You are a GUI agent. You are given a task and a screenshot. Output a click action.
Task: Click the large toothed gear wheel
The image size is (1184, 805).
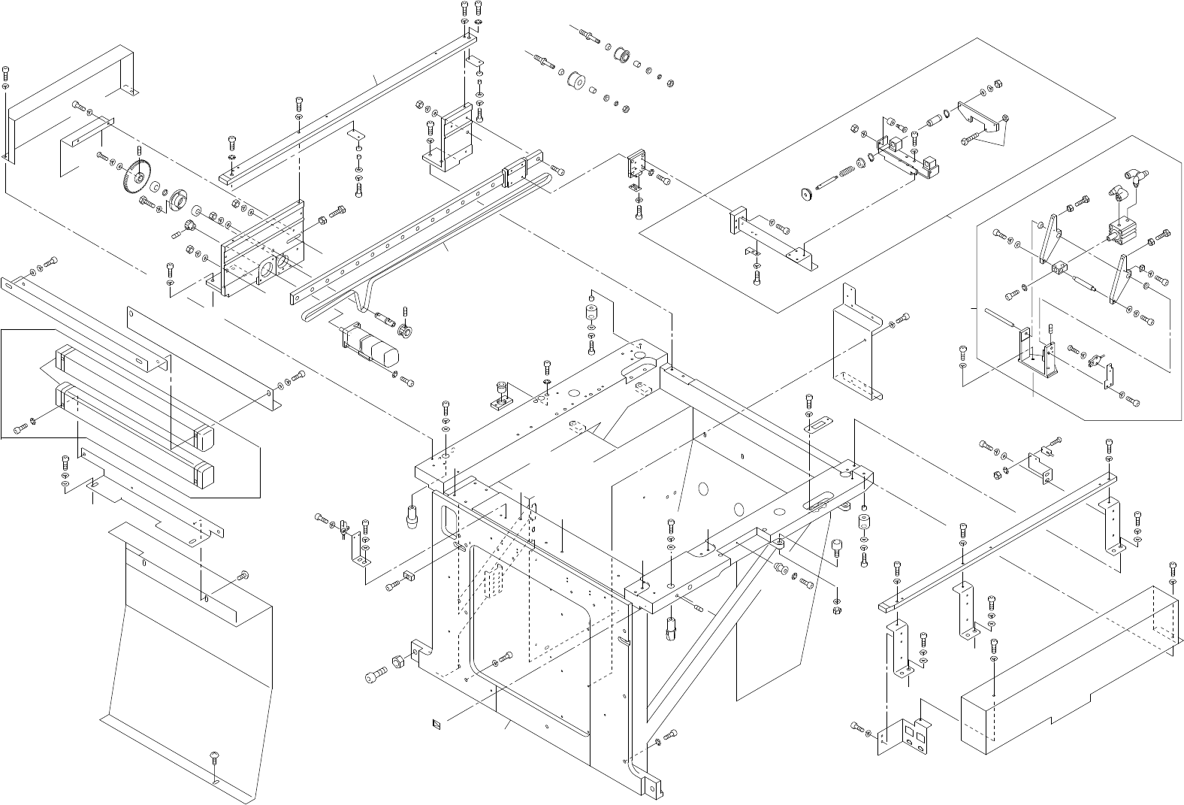tap(133, 176)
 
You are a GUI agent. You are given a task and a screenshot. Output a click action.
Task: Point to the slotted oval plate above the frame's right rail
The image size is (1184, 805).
tap(817, 425)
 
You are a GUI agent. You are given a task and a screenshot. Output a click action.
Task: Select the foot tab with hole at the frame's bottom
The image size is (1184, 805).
tap(651, 785)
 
